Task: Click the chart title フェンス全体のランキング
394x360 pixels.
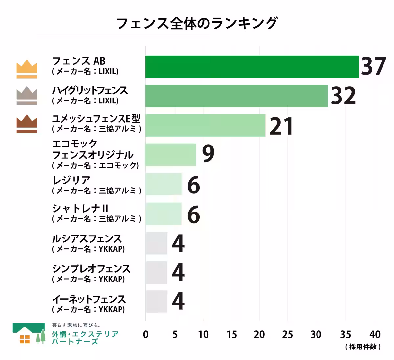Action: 197,23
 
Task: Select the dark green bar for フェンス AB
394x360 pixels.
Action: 252,67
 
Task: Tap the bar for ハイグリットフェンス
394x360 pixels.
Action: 236,96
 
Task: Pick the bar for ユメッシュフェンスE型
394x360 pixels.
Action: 205,125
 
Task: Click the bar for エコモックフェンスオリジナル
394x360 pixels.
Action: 171,154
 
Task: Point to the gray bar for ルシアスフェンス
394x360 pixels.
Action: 157,243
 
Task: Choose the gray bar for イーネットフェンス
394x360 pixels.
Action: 157,302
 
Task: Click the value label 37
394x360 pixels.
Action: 373,66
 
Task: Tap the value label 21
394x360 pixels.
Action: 281,126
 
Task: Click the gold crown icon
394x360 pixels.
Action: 27,69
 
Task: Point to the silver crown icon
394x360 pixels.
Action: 27,96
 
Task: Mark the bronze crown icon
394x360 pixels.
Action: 27,124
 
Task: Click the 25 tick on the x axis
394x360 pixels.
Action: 287,335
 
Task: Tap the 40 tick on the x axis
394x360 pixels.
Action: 375,335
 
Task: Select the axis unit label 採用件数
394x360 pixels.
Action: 363,347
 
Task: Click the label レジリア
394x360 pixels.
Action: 71,180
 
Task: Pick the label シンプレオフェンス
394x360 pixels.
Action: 91,269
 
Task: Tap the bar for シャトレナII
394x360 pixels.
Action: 164,214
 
